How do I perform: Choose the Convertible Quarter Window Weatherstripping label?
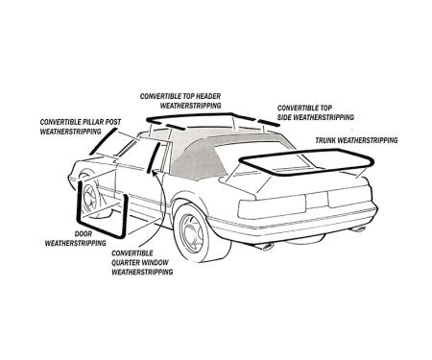[x=143, y=262]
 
